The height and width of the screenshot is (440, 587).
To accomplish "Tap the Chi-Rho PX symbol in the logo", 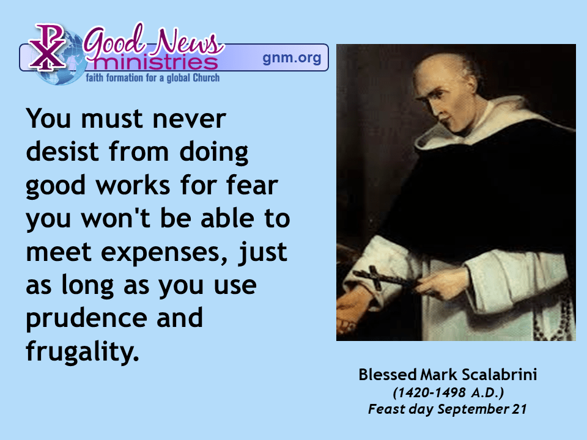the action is pyautogui.click(x=47, y=47).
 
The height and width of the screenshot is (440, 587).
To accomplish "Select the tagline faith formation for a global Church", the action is pyautogui.click(x=153, y=78).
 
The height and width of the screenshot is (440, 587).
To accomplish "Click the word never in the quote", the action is pyautogui.click(x=190, y=119).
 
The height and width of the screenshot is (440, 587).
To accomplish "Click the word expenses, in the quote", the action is pyautogui.click(x=164, y=253).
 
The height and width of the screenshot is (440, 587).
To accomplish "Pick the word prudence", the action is pyautogui.click(x=86, y=319).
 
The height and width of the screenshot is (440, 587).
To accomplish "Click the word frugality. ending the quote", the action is pyautogui.click(x=83, y=352).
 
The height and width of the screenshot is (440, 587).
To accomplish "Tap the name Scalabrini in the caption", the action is pyautogui.click(x=499, y=375).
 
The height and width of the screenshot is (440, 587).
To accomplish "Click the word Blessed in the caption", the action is pyautogui.click(x=388, y=375).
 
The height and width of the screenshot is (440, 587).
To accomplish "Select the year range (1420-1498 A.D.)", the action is pyautogui.click(x=448, y=392).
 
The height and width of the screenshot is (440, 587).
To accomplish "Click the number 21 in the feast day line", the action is pyautogui.click(x=520, y=409).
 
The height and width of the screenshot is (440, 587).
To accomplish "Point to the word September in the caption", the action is pyautogui.click(x=473, y=409).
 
